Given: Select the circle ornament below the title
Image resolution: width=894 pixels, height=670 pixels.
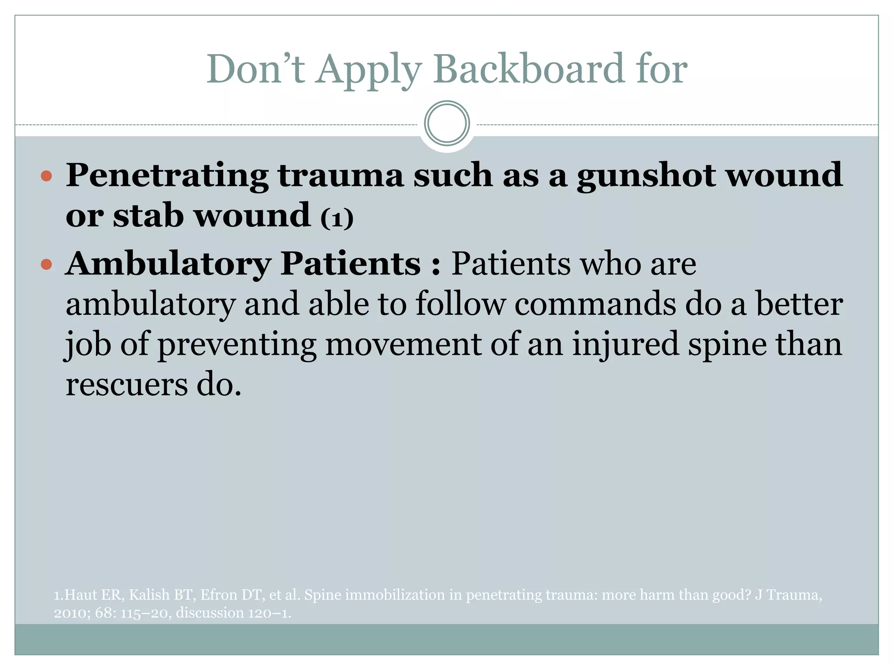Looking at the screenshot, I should [x=447, y=123].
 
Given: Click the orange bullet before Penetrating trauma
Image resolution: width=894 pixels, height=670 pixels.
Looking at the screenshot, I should [x=46, y=177].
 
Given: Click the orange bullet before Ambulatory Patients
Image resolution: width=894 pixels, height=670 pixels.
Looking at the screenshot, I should [x=46, y=264].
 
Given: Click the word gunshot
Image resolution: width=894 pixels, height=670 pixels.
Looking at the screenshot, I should [x=646, y=176].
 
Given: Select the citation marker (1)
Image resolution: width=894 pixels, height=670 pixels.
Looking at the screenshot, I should [x=337, y=218].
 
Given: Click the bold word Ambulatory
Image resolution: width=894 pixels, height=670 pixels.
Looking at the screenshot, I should [x=168, y=264].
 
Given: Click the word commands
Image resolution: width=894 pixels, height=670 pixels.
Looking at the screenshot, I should [x=595, y=304].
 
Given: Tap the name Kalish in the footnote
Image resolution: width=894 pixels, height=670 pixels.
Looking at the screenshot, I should [x=149, y=595].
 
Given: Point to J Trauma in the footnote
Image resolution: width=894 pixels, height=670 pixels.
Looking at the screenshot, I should [x=788, y=595].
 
